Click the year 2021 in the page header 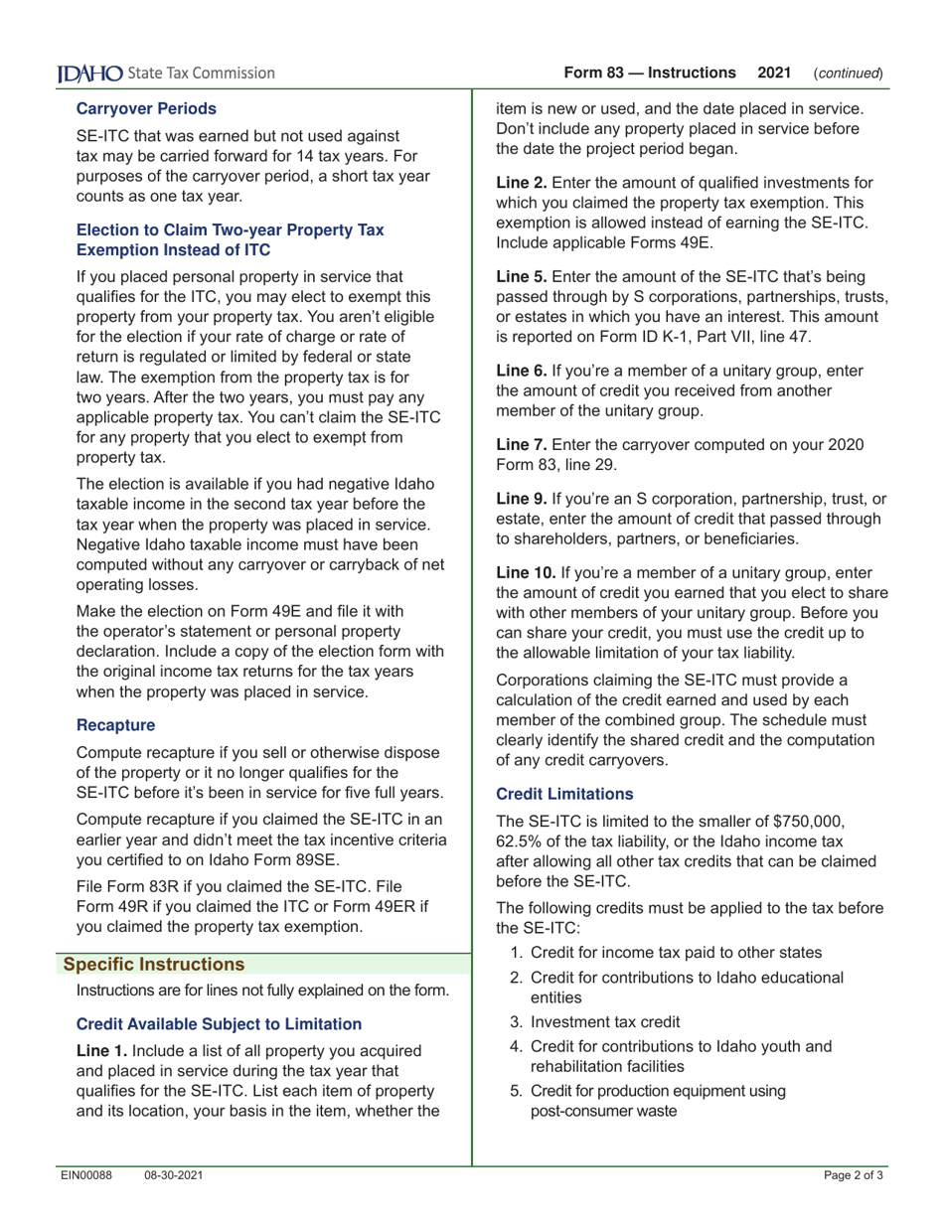point(775,73)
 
